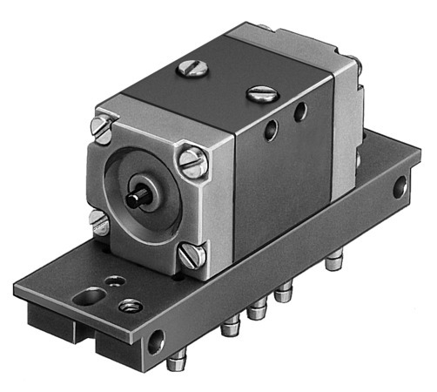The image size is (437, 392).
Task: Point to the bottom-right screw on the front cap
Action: tap(193, 253)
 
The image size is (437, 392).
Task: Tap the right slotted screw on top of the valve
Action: tap(260, 93)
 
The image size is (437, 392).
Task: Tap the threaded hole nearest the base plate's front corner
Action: tap(131, 305)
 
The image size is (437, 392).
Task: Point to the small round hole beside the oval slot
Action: tap(113, 281)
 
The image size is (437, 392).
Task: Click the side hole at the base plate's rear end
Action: tap(400, 186)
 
